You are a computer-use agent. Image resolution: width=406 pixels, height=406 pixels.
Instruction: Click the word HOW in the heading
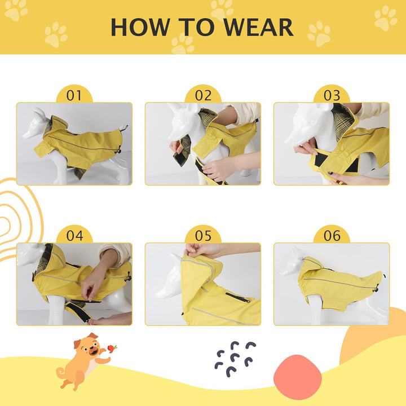click(140, 27)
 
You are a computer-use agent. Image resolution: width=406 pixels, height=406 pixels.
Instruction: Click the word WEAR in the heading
click(258, 27)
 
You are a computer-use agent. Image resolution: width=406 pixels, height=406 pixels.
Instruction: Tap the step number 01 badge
click(74, 95)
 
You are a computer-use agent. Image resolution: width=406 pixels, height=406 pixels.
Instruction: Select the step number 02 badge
click(203, 95)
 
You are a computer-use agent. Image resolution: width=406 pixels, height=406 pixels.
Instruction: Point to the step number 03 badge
click(332, 95)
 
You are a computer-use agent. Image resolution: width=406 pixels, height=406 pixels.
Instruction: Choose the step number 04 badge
click(74, 235)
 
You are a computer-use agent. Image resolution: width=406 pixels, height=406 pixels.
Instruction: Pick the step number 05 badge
click(203, 235)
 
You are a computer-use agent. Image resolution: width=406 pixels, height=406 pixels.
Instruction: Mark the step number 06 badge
click(332, 235)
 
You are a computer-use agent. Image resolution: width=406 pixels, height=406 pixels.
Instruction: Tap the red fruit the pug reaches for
click(112, 348)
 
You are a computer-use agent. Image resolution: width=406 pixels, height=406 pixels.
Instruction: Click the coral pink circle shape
click(298, 377)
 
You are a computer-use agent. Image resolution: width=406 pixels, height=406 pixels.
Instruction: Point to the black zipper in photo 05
click(237, 297)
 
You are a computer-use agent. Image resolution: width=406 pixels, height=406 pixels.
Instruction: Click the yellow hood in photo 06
click(311, 270)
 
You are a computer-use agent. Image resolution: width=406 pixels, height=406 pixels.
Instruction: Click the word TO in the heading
click(197, 27)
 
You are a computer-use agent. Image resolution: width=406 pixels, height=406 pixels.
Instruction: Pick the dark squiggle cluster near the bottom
click(235, 359)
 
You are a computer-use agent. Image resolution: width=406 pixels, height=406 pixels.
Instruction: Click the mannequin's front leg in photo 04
click(56, 310)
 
